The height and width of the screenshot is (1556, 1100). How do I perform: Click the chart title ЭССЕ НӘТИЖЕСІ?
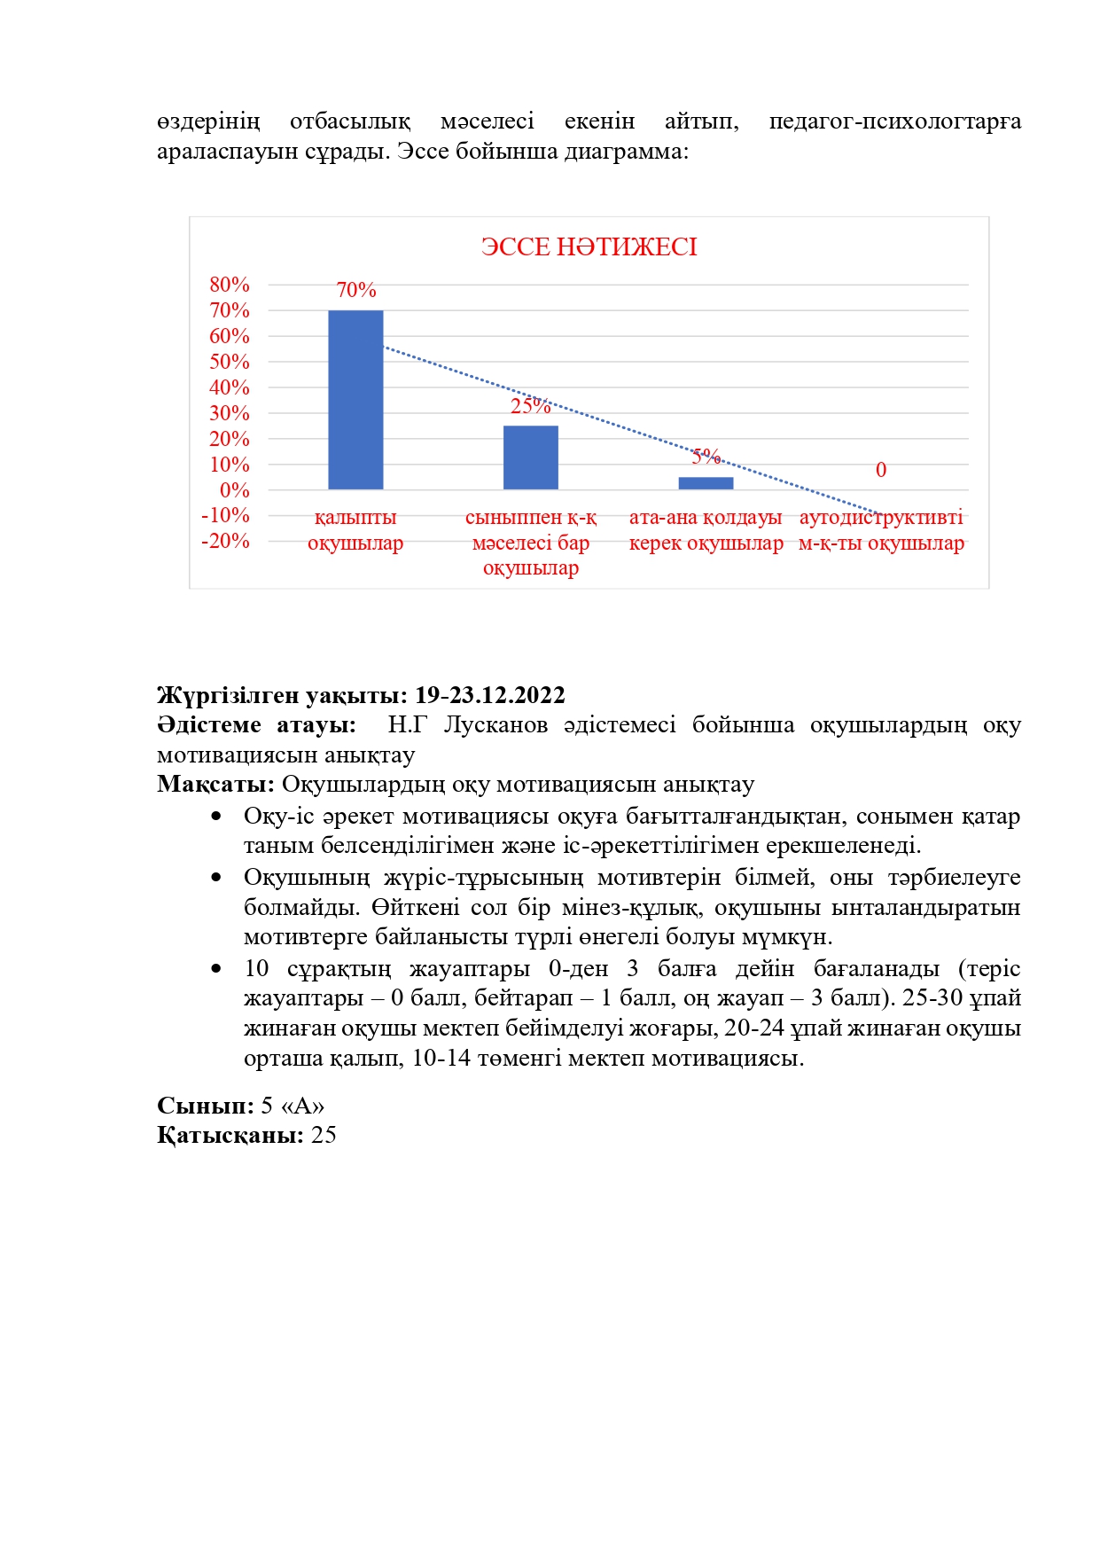(x=589, y=246)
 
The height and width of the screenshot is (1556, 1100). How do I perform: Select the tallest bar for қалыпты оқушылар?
(x=355, y=399)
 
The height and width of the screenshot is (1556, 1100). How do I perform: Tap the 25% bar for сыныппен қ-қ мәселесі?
(x=531, y=457)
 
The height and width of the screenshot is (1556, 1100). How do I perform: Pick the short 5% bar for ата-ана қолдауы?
(x=706, y=483)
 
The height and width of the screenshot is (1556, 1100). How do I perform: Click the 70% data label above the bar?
(x=356, y=290)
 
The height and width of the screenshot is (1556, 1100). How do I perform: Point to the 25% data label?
(x=530, y=406)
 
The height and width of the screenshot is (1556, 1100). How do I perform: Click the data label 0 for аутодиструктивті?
(x=881, y=470)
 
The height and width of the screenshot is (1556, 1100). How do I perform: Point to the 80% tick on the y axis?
(x=230, y=285)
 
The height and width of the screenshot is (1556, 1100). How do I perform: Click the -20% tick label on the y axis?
(x=226, y=541)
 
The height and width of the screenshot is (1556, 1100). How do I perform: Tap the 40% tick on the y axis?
(x=230, y=387)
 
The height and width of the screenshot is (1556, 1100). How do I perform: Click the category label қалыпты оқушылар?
(x=355, y=530)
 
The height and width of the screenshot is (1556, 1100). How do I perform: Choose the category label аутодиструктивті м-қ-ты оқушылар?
(x=881, y=530)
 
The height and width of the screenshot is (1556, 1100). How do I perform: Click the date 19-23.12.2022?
(x=489, y=695)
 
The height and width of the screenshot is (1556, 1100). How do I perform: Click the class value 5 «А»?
(x=293, y=1106)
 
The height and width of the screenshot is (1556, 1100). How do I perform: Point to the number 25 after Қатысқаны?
(x=324, y=1136)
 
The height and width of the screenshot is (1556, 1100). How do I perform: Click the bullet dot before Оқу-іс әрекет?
(x=216, y=817)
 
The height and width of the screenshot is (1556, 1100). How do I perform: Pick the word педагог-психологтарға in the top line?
(x=894, y=121)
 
